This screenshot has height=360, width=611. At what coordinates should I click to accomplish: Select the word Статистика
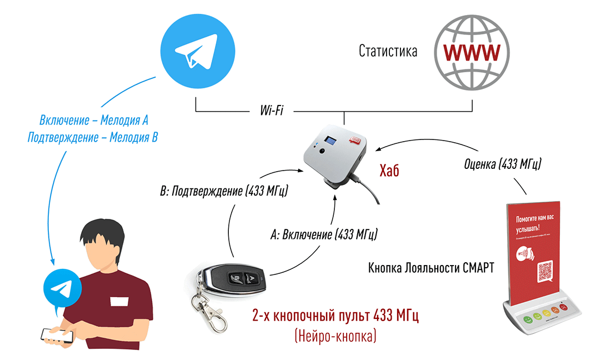click(388, 52)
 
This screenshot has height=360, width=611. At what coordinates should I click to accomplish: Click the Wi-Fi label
click(272, 111)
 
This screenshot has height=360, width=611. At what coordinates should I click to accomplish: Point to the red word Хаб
click(390, 170)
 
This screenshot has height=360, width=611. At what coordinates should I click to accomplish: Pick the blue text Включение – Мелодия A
click(94, 120)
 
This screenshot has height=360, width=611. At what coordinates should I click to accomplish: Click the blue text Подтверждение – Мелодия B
click(93, 137)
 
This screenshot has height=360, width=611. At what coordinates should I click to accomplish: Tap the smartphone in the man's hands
click(57, 335)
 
